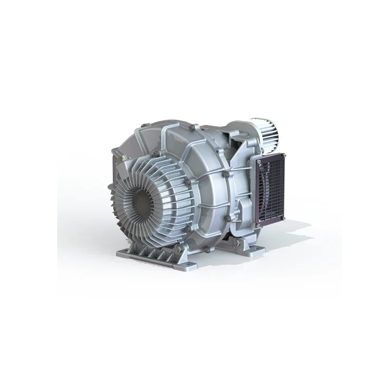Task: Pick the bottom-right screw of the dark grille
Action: (x=283, y=218)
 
